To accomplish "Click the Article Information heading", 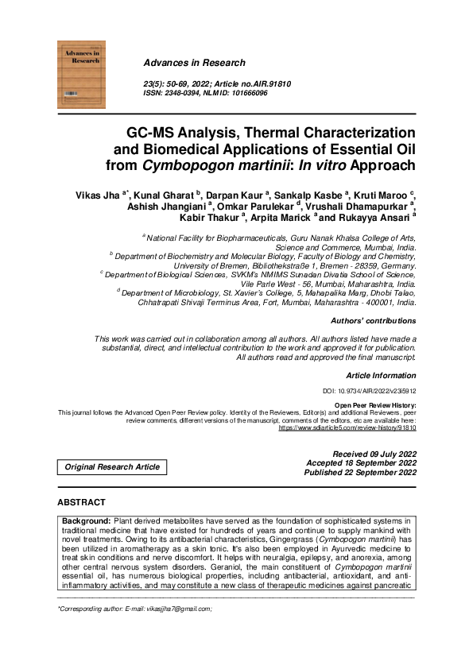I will pos(381,374).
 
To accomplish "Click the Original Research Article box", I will pos(112,467).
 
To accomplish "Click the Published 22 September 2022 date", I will pos(360,472).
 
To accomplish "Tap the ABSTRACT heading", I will pos(81,503).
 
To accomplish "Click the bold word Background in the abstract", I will pos(87,520).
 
